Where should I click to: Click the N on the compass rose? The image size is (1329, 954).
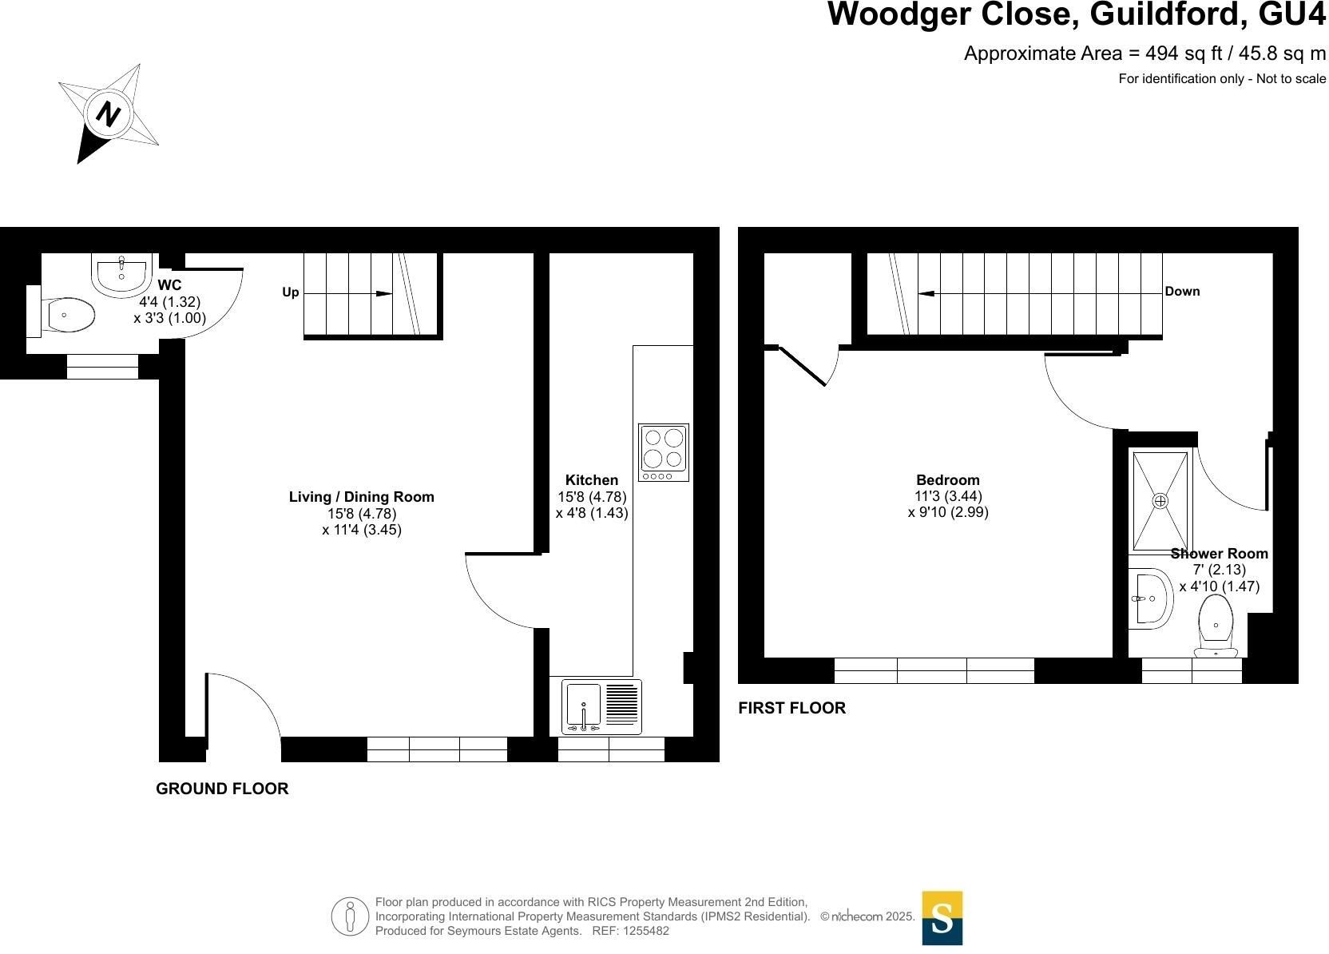[x=108, y=113]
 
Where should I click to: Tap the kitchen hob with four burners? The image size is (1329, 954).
[x=664, y=452]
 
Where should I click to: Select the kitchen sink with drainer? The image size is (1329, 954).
[x=601, y=706]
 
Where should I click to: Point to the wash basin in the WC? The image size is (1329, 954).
[x=121, y=274]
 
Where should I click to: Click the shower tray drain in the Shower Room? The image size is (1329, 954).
[x=1160, y=501]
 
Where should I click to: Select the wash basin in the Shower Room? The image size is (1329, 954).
[x=1151, y=598]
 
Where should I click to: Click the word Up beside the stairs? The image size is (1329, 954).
[x=291, y=292]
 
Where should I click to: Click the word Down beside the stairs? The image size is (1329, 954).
[x=1183, y=292]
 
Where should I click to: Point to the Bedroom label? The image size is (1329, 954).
[x=948, y=479]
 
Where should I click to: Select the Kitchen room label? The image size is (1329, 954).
[x=592, y=479]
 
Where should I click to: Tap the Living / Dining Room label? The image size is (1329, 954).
[x=361, y=497]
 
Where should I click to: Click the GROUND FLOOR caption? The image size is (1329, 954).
[x=222, y=789]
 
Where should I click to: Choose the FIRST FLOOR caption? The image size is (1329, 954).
[x=792, y=708]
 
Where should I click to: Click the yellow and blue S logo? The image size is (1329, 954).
[x=942, y=918]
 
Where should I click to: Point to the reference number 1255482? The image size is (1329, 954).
[x=645, y=931]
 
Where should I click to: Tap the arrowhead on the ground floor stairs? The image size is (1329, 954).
[x=384, y=294]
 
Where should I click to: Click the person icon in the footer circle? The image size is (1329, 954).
[x=350, y=916]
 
